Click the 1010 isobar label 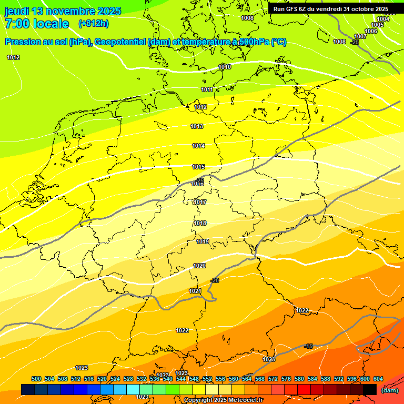(x=225, y=67)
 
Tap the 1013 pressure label (x=197, y=126)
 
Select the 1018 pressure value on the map (x=200, y=223)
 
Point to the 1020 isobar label (x=199, y=266)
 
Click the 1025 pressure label (x=269, y=359)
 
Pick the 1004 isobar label (x=383, y=19)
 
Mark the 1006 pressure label (x=371, y=31)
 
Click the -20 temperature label (x=215, y=280)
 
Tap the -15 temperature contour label (x=308, y=346)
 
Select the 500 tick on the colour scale (x=36, y=379)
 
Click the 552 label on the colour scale (x=207, y=379)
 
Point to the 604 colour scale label (x=378, y=379)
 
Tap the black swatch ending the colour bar (x=370, y=389)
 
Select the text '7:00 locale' (x=37, y=24)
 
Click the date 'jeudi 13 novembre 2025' (x=63, y=11)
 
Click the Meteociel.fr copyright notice (x=223, y=400)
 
